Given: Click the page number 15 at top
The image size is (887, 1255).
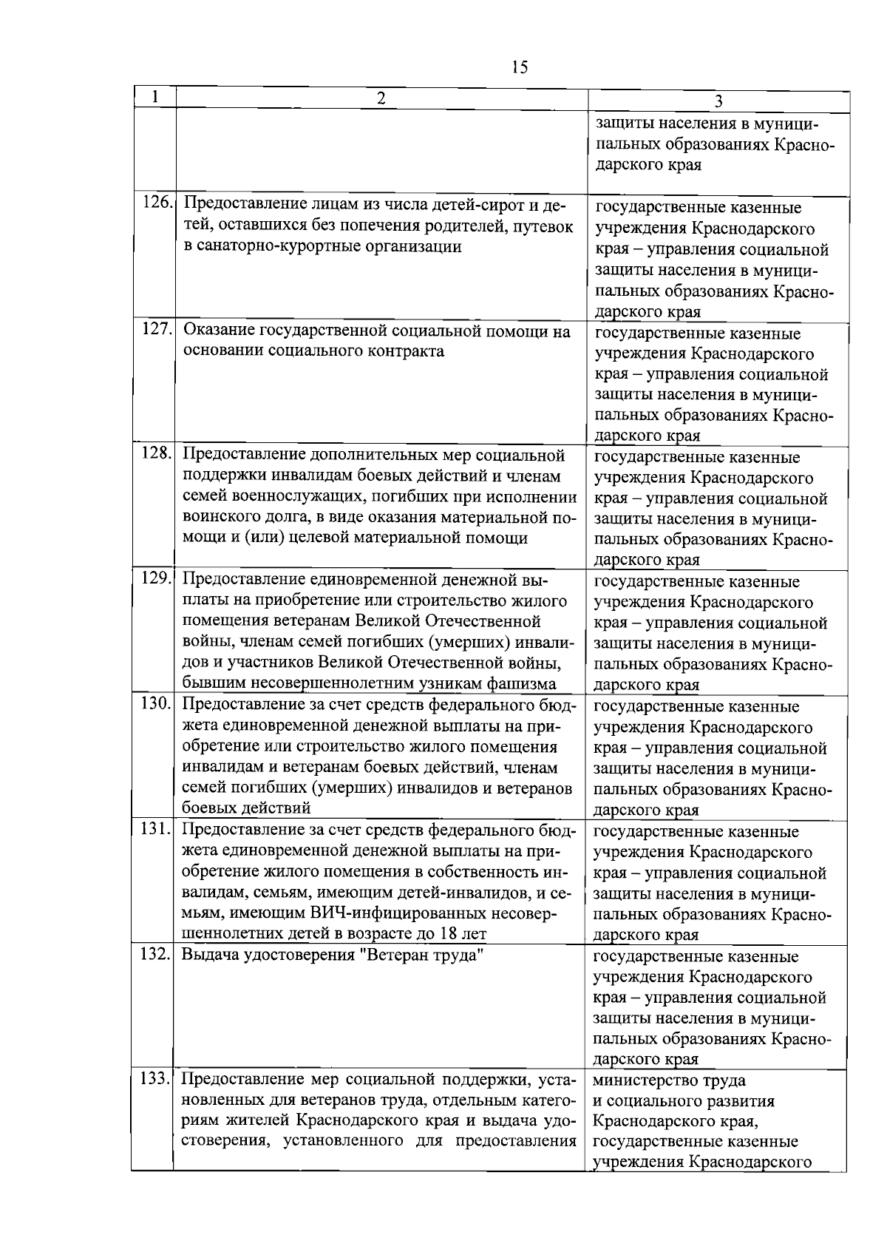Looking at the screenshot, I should [x=520, y=67].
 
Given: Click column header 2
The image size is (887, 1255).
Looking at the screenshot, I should [x=381, y=98].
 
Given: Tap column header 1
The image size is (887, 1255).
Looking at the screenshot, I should [x=154, y=97].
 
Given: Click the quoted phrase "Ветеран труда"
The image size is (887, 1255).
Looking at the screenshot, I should [x=421, y=955].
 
